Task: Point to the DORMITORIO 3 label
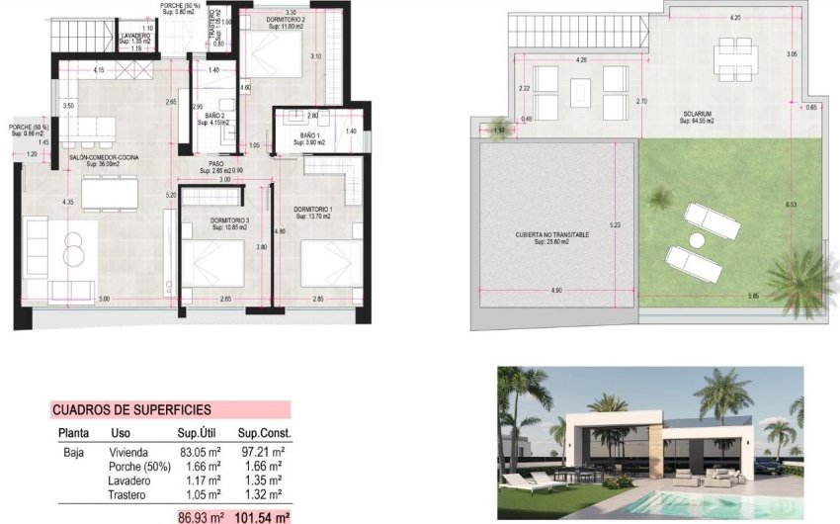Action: coord(227,220)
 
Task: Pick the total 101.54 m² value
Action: coord(262,516)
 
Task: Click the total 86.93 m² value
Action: coord(202,516)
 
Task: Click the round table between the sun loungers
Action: coord(697,240)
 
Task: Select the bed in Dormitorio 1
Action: coord(326,265)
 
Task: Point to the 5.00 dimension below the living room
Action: coord(104,299)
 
